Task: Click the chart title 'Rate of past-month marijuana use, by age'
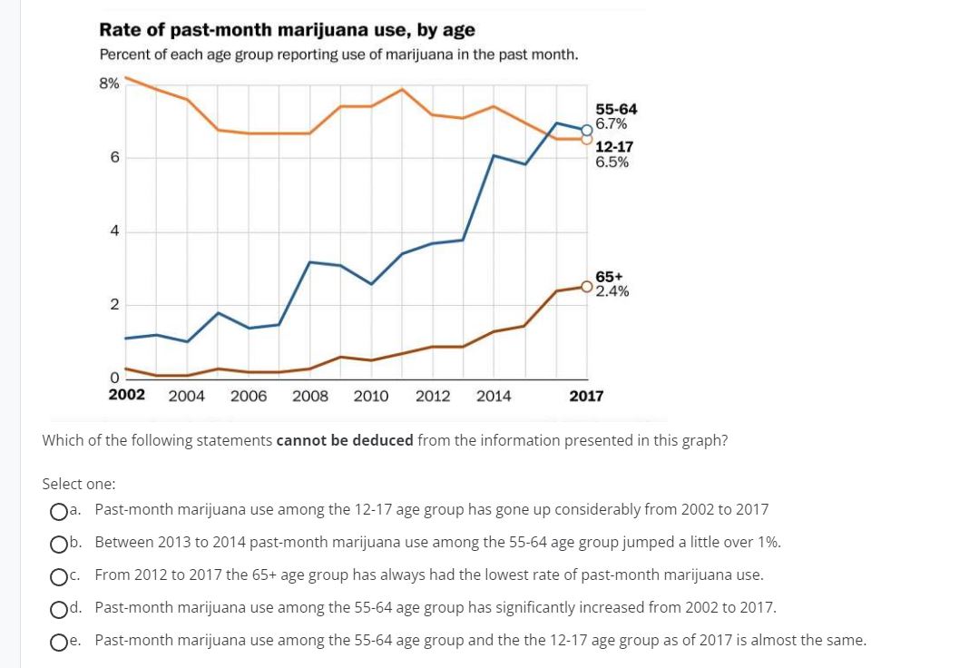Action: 287,30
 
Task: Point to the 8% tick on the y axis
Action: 109,83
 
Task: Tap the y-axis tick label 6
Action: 113,157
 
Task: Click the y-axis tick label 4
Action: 113,231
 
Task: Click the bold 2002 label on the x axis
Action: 126,395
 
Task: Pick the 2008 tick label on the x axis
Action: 310,396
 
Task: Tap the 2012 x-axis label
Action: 433,396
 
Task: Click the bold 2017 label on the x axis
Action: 586,396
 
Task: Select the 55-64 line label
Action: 616,110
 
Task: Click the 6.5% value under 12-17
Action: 612,162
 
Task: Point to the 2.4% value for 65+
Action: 612,291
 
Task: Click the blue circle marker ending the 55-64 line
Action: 588,129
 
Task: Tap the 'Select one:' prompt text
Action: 79,485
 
